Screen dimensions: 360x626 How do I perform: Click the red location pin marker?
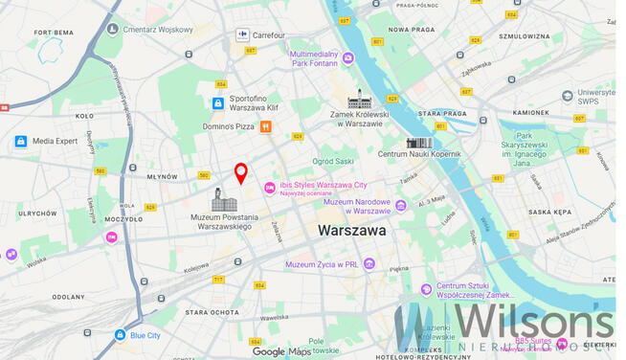[x=241, y=172]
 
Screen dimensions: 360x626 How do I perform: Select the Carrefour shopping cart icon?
[x=242, y=35]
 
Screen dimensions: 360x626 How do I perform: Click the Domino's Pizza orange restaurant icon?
[x=265, y=126]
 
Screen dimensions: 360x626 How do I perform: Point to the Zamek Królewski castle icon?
[x=359, y=100]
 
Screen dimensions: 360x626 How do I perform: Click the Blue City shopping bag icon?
[x=120, y=335]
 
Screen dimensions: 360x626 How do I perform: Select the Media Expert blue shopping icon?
[x=20, y=142]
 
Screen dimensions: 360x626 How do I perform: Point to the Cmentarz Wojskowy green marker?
[x=113, y=29]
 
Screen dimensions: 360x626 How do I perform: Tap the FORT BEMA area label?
[x=54, y=33]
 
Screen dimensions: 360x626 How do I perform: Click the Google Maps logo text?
[x=282, y=351]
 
